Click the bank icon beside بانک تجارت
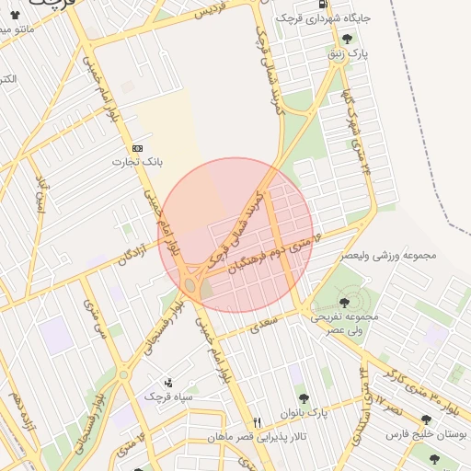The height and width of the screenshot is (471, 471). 138,147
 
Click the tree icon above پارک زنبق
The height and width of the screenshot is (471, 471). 347,39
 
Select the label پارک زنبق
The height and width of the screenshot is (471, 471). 350,54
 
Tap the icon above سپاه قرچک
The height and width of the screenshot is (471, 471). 167,382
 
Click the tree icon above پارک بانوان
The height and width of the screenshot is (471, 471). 304,398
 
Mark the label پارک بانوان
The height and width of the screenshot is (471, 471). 307,412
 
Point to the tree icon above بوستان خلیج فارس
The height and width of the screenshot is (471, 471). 427,419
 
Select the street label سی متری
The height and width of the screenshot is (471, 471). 96,316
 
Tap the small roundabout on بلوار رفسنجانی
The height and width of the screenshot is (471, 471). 123,374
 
